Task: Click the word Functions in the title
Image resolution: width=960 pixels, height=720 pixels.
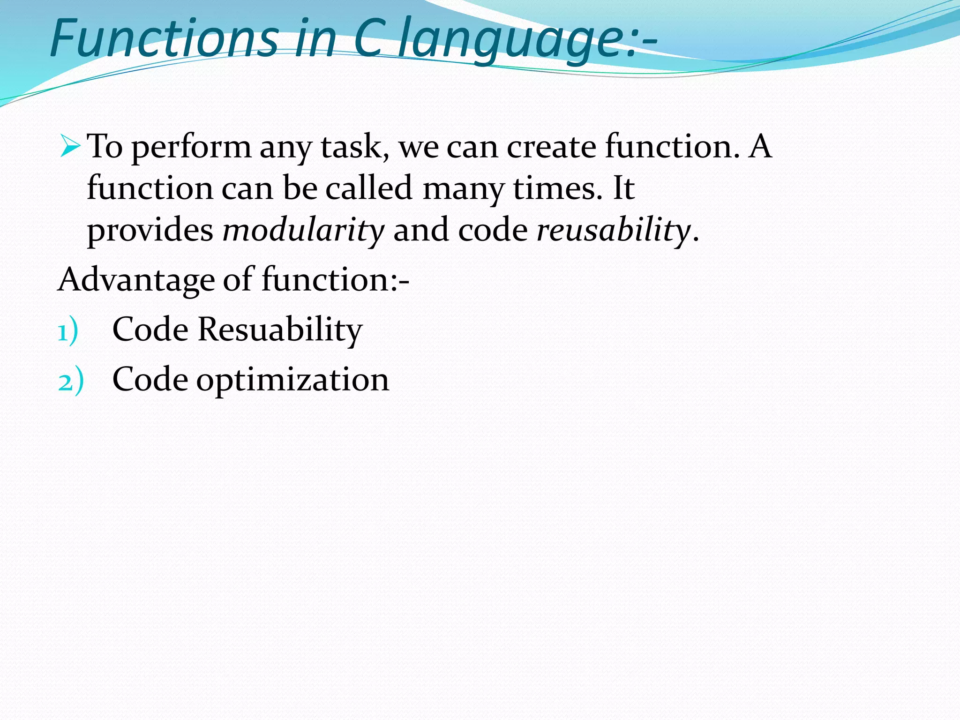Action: click(164, 38)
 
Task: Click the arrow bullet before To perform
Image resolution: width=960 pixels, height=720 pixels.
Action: click(70, 146)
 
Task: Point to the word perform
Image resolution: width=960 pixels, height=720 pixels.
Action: click(191, 148)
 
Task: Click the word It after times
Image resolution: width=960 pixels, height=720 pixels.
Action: click(623, 188)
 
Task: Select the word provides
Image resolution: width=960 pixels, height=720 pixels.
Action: click(150, 231)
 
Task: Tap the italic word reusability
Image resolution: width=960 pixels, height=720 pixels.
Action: click(613, 231)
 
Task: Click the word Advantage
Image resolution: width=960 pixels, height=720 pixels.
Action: click(136, 280)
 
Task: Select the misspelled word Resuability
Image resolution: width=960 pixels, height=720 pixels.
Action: click(280, 330)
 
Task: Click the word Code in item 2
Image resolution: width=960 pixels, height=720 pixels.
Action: click(150, 379)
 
